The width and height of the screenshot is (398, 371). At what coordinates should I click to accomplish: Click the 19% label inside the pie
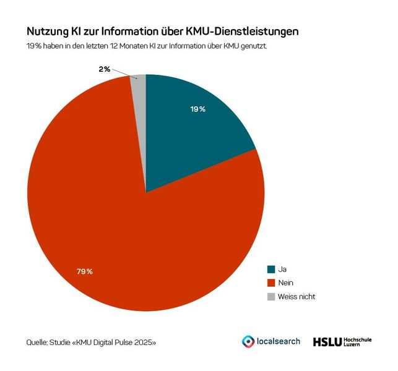[198, 109]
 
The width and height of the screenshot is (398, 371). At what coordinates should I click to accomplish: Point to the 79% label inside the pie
[85, 271]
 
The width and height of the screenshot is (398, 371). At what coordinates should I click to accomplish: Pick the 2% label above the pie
[105, 69]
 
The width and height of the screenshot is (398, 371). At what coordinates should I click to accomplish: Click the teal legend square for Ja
[270, 270]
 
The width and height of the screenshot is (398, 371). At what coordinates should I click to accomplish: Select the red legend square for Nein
[270, 283]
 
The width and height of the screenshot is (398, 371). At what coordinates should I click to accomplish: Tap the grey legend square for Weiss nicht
[270, 297]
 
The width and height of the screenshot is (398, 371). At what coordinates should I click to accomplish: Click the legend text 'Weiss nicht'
[297, 297]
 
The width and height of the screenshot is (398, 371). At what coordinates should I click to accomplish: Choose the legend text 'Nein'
[287, 283]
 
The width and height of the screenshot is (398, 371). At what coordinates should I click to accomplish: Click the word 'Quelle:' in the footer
[38, 342]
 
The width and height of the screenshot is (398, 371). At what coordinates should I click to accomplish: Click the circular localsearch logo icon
[248, 341]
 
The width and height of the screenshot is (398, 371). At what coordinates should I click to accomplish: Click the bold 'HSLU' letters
[326, 341]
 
